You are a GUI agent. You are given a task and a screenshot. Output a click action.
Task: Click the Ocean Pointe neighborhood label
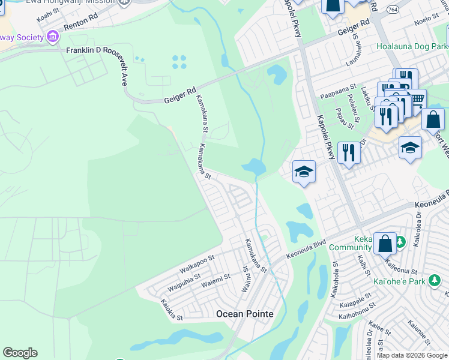point(244,314)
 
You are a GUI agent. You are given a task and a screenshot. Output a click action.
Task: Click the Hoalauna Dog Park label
point(412,46)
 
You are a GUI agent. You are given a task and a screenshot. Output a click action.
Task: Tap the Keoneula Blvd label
point(306,248)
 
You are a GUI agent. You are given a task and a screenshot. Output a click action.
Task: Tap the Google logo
point(20,353)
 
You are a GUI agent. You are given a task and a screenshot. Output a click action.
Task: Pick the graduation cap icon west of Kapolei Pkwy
point(304,172)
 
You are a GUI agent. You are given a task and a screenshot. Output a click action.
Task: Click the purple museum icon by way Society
point(53,37)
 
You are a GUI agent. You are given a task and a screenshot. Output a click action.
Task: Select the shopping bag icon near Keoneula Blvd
point(385,244)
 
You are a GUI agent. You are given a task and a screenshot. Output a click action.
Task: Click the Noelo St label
point(427,20)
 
